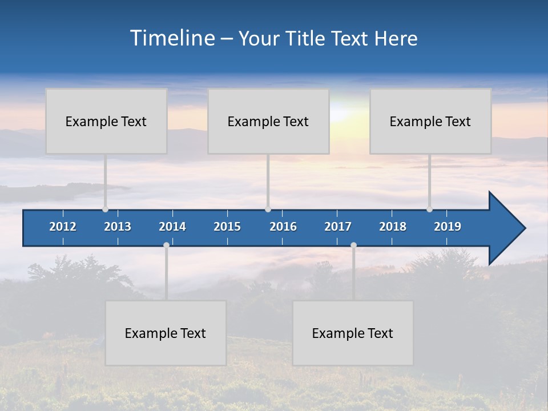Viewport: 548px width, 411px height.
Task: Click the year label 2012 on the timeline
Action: coord(63,227)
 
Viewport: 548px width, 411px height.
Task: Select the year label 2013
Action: coord(118,227)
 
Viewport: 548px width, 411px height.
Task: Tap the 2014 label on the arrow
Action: coord(172,227)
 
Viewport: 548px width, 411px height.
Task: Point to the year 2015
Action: coord(227,227)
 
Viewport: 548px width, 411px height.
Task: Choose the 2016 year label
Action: coord(283,227)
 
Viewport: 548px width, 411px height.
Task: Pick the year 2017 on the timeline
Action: coord(338,227)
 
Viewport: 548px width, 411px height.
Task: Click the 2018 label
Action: coord(393,227)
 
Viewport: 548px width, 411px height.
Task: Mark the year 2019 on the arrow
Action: coord(448,227)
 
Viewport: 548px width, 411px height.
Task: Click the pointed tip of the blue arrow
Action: coord(523,228)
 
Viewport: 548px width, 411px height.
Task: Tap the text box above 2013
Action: coord(106,121)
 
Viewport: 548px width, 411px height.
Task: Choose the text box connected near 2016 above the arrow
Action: coord(268,121)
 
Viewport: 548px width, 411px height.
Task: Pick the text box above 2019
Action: coord(430,121)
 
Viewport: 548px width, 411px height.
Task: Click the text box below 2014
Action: coord(166,333)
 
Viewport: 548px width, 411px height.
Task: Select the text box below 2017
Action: coord(353,333)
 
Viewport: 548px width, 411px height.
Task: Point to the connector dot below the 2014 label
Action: coord(166,245)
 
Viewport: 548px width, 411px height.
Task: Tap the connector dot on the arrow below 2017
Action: coord(353,245)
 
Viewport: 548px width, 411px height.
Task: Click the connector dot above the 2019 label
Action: coord(429,209)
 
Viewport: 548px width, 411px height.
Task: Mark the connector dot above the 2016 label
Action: coord(268,209)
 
